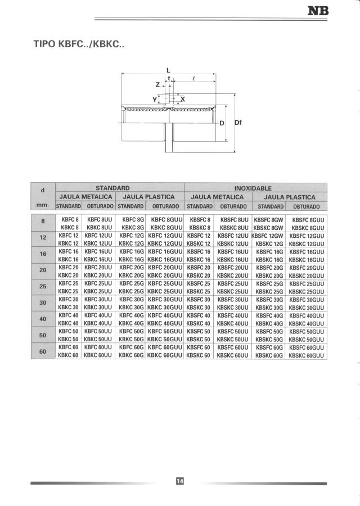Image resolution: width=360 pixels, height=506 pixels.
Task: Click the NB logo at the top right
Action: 319,11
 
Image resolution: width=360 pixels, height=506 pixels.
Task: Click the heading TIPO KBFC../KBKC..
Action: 79,44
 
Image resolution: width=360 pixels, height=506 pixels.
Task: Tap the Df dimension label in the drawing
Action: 237,122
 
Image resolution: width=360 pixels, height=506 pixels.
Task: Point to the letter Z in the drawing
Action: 157,85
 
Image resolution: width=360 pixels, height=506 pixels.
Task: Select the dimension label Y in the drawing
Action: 155,99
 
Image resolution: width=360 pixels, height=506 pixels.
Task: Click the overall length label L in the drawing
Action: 168,70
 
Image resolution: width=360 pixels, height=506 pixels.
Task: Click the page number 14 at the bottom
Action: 180,481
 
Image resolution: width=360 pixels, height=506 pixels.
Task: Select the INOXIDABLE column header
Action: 253,188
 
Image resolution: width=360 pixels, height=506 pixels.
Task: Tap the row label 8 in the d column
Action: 43,220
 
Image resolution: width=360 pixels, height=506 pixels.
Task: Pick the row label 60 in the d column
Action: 43,351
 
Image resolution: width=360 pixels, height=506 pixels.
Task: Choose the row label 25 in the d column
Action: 43,286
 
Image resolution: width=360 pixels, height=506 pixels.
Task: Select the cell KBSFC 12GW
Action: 269,236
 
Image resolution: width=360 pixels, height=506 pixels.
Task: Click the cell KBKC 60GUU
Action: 165,355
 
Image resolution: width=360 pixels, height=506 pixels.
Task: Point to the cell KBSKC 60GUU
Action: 307,355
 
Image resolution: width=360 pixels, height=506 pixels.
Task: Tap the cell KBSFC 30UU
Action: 233,300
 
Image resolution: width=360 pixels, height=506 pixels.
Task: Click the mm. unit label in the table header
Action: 43,205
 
